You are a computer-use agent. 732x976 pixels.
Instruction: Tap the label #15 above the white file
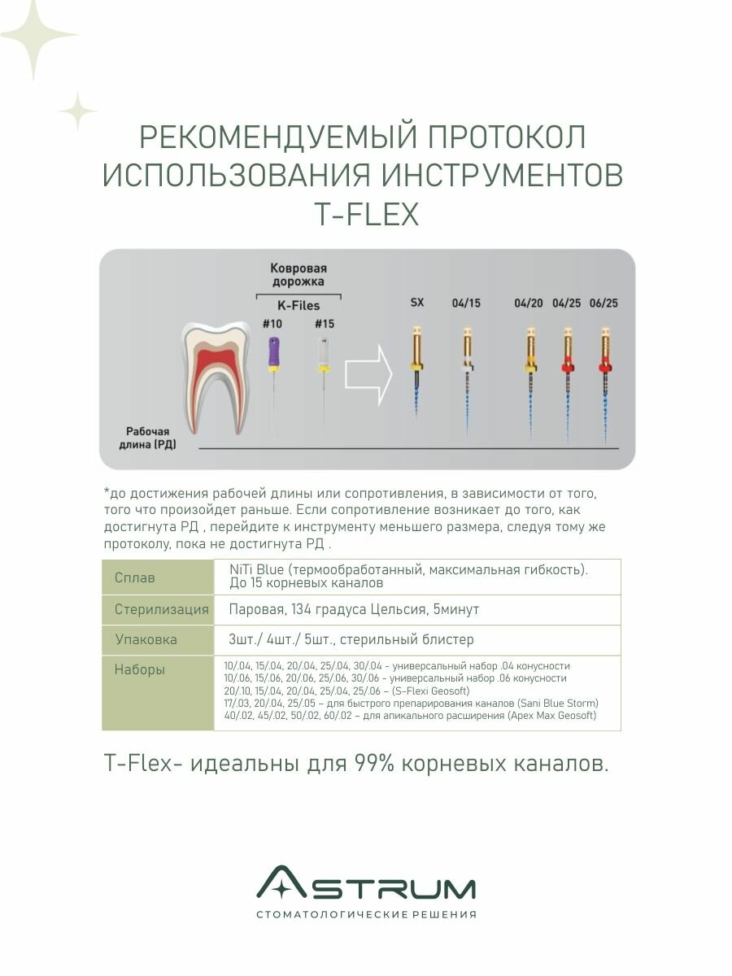coord(324,324)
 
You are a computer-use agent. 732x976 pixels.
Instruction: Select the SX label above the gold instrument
coord(416,303)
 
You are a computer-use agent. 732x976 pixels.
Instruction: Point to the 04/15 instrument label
coord(466,303)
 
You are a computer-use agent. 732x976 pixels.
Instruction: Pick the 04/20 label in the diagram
coord(529,303)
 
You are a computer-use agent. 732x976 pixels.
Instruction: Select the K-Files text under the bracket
coord(298,306)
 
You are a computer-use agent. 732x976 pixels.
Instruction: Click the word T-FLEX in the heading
coord(366,215)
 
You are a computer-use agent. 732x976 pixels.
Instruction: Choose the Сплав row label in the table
coord(135,577)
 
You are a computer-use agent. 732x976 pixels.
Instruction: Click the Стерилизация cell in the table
coord(157,609)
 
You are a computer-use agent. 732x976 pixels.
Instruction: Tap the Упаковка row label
coord(146,639)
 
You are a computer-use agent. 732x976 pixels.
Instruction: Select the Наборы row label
coord(140,670)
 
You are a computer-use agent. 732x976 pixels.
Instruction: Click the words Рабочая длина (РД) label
coord(150,438)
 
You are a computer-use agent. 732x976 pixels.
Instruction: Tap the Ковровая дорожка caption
coord(298,274)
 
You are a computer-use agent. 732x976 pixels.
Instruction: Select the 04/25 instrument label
coord(566,303)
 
